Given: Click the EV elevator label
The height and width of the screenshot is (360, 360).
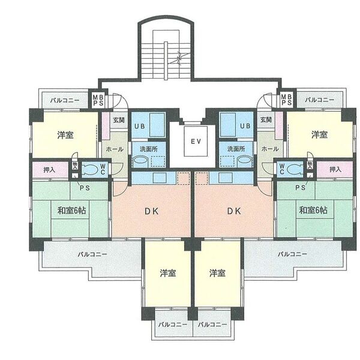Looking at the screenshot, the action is [196, 141].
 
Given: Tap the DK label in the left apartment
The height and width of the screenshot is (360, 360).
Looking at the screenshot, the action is [152, 211].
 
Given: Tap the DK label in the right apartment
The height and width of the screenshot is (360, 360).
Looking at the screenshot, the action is [234, 211].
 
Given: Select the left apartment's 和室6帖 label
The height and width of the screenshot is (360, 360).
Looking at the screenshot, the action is [71, 211].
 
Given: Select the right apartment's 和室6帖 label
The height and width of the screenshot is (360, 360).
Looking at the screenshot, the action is [313, 210].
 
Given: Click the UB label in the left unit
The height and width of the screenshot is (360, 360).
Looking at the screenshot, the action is [140, 126].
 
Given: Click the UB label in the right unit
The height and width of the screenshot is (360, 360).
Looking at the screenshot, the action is [245, 126].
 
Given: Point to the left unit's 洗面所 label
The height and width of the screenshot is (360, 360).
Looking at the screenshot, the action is [149, 149].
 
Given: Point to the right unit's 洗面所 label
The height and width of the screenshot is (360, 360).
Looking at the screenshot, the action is [236, 149].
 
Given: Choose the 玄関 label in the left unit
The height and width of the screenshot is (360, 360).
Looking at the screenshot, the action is [119, 120].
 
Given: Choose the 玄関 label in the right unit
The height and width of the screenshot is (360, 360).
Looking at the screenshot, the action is [266, 119].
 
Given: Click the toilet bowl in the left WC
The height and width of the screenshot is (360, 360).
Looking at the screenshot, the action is [90, 169].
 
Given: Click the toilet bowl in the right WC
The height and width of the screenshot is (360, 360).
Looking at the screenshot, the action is [295, 169].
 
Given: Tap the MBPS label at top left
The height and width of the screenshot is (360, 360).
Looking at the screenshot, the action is [98, 100].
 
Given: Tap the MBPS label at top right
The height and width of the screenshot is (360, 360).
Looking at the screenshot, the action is [287, 99].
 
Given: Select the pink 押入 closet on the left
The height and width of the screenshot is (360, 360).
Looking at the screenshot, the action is [50, 170].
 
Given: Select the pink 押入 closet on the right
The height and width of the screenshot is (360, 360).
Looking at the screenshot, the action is [335, 169].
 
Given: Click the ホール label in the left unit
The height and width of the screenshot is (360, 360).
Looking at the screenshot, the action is [115, 149].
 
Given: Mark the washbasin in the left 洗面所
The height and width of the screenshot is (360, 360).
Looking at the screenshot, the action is [140, 161].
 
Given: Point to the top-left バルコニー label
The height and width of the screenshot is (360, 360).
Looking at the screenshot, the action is [65, 100].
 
